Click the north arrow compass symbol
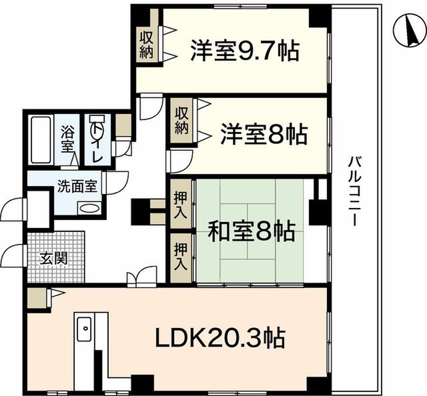410,31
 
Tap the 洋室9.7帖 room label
245,51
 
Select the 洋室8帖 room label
264,134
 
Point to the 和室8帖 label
252,231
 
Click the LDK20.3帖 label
220,338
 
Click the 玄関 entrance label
53,258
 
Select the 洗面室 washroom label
77,187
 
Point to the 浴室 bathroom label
67,139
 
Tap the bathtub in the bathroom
41,140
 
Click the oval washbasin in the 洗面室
89,209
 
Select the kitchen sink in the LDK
84,329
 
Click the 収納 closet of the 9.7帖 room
147,44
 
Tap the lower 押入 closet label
181,257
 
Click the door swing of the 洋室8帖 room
179,161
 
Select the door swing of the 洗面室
117,183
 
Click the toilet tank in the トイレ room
97,119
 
